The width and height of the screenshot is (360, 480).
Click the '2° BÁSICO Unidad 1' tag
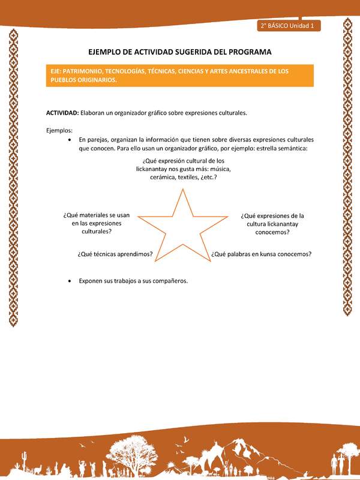tap(290, 26)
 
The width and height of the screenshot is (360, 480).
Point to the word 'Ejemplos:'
tap(59, 130)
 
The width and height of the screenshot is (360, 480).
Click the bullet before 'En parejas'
tap(71, 139)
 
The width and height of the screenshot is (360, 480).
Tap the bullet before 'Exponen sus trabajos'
tap(71, 280)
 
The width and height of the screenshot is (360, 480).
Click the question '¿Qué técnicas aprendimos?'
tap(115, 254)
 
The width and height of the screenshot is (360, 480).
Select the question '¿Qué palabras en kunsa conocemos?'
tap(261, 254)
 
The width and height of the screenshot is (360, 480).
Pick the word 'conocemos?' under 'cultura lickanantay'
tap(272, 232)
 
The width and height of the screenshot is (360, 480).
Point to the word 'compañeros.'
tap(171, 280)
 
